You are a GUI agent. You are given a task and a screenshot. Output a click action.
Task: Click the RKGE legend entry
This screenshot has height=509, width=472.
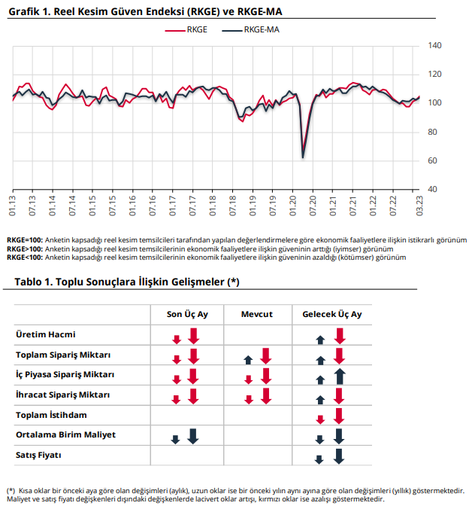[x=186, y=30]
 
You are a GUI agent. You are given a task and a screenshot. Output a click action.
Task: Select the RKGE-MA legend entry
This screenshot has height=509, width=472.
[x=250, y=30]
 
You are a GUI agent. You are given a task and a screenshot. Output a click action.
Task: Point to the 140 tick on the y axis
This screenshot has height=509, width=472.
[x=434, y=45]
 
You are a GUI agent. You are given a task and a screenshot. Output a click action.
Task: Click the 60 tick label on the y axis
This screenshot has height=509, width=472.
[x=432, y=160]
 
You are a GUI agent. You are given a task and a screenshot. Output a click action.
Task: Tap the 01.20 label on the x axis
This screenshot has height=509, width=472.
[x=293, y=206]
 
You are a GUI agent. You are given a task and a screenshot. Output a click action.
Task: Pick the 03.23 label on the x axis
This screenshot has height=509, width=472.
[x=419, y=206]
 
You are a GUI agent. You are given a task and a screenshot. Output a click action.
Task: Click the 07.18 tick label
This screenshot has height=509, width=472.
[x=232, y=206]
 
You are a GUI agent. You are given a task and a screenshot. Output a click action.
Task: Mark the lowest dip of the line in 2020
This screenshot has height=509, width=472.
[x=303, y=158]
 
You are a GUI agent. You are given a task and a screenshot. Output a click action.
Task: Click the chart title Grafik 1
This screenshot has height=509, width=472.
[x=145, y=12]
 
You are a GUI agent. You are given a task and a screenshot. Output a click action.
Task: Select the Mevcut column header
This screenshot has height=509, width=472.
[x=257, y=314]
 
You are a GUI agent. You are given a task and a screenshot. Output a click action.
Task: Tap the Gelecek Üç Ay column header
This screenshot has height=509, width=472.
[x=332, y=314]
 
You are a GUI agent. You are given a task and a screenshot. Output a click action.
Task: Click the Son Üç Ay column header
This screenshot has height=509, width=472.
[x=187, y=314]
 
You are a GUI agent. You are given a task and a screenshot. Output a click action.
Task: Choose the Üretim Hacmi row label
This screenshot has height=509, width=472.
[x=46, y=334]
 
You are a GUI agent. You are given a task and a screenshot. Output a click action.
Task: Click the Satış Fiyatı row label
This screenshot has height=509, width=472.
[x=38, y=455]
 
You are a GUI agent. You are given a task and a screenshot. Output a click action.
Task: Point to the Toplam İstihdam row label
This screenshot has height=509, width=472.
[x=51, y=415]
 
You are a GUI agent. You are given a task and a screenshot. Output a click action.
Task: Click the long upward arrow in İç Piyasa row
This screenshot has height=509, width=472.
[x=340, y=376]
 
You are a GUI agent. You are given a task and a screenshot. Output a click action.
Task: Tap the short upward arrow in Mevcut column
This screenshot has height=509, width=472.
[x=249, y=360]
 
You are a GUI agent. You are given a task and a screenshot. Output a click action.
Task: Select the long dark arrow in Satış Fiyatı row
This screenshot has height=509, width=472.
[x=339, y=456]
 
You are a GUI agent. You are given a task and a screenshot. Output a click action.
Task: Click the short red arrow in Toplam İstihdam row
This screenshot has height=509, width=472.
[x=320, y=419]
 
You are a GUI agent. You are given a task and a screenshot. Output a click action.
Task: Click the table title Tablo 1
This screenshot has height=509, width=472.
[x=127, y=282]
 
